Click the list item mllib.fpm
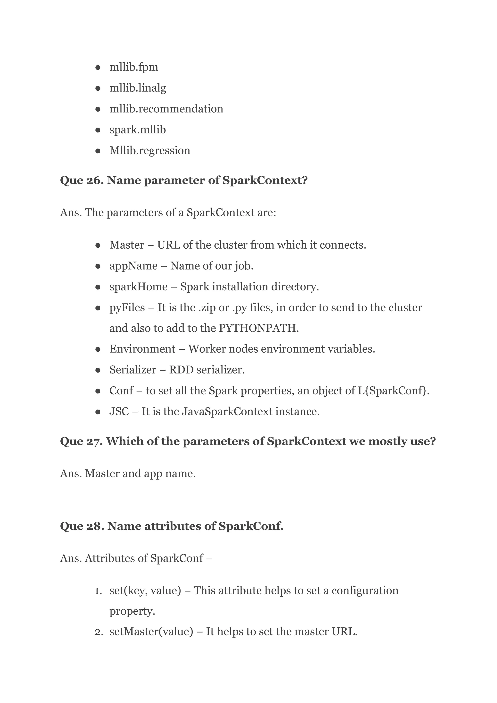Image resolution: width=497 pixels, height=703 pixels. pos(134,67)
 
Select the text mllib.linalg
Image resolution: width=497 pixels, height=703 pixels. pos(138,88)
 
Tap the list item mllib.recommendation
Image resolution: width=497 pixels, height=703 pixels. pos(166,109)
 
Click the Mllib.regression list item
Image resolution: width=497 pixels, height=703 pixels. pos(150,150)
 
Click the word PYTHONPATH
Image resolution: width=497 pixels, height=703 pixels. pos(258,328)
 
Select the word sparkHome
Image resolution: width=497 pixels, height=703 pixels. pos(138,286)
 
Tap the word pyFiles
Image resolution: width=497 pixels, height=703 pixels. pos(127,307)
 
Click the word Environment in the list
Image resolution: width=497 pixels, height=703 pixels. pos(142,349)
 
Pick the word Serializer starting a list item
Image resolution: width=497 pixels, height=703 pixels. pos(133,370)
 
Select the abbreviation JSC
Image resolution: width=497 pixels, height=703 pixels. pos(119,412)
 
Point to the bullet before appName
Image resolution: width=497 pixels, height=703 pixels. pos(98,266)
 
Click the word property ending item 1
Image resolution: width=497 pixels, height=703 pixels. pos(132,611)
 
